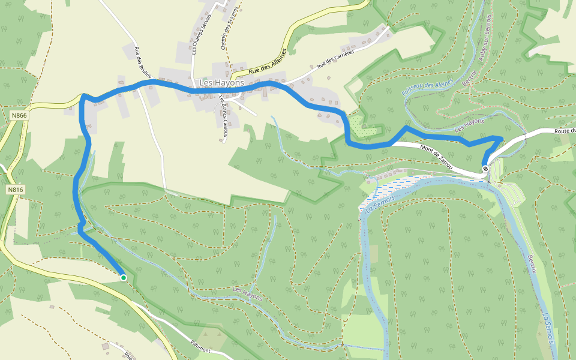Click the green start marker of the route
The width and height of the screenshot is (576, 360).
click(123, 277)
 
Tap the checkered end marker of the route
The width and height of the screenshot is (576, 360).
click(485, 168)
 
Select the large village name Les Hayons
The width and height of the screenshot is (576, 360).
click(221, 83)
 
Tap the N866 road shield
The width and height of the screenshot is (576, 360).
click(19, 114)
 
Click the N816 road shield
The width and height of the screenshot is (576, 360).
click(16, 190)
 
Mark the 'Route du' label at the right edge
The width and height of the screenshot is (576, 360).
click(565, 131)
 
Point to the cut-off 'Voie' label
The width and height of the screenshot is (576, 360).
click(128, 355)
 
